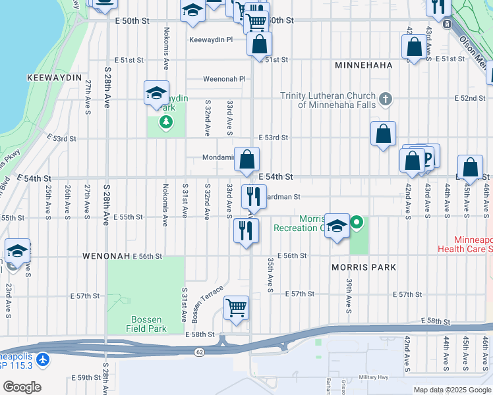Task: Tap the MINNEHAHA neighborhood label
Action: tap(363, 65)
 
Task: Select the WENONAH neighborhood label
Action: tap(105, 255)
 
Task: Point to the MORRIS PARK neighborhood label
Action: tap(364, 267)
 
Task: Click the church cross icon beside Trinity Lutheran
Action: tap(386, 100)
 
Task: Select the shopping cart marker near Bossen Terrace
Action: tap(236, 307)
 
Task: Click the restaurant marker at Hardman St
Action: tap(252, 196)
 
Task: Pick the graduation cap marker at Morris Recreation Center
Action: tap(337, 226)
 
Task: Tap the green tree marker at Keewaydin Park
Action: tap(165, 122)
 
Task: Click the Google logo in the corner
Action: tap(22, 386)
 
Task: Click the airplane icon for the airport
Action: tap(43, 359)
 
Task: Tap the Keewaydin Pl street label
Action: tap(211, 39)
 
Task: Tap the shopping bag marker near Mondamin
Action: tap(246, 159)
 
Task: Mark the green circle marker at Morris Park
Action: tap(357, 223)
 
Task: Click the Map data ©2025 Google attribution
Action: tap(451, 390)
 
